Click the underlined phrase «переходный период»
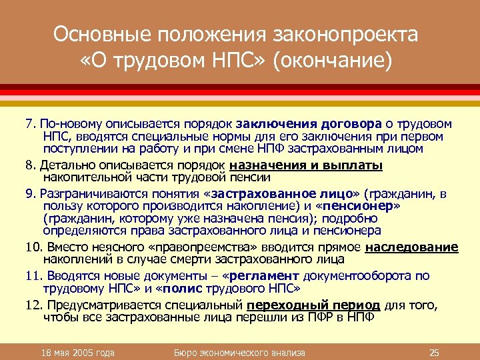click(x=313, y=305)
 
